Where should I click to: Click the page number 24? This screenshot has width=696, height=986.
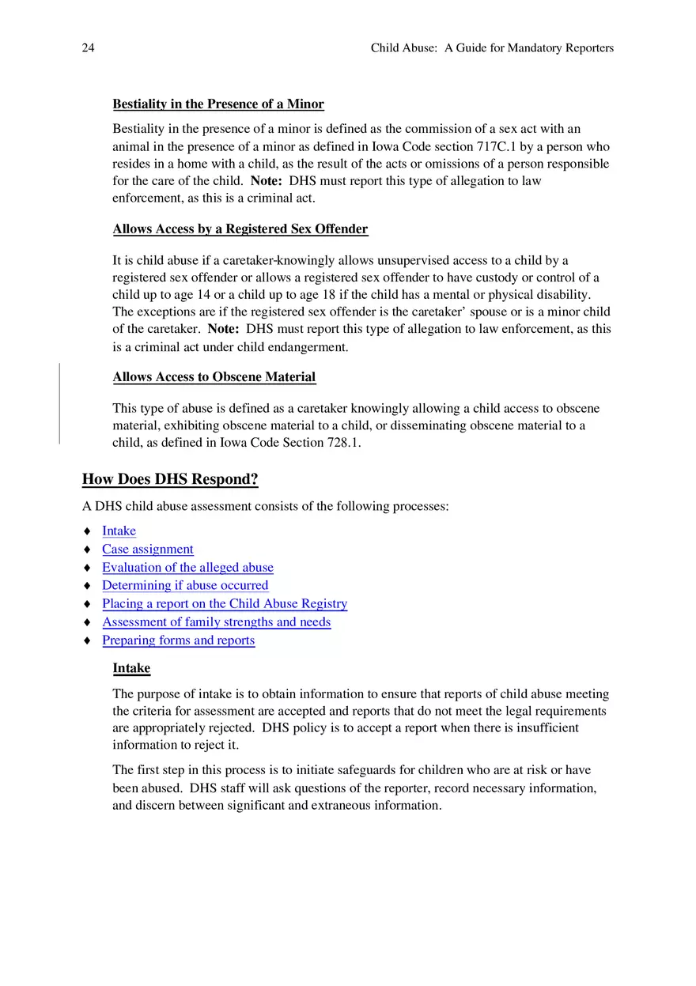click(88, 48)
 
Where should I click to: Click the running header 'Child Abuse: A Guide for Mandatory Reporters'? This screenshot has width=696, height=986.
click(492, 48)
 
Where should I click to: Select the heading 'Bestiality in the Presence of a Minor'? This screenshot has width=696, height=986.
click(218, 104)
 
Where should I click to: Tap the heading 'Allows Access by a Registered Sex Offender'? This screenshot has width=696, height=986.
click(240, 229)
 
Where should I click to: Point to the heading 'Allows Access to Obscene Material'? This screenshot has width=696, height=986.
click(214, 377)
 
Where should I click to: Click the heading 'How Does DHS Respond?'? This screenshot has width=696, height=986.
click(170, 479)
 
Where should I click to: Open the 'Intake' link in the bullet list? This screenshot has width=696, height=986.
click(119, 531)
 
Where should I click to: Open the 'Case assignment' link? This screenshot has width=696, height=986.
click(147, 550)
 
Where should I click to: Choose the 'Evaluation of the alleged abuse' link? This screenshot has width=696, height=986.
click(187, 568)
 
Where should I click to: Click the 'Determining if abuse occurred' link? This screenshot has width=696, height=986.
click(185, 586)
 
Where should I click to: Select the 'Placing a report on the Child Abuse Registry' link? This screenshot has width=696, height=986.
click(225, 604)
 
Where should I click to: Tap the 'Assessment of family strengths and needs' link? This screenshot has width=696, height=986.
click(216, 622)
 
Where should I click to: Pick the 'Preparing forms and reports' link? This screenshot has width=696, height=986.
click(178, 640)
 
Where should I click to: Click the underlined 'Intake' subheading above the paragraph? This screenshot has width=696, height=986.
click(131, 668)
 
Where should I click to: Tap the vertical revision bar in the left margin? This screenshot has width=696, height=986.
click(59, 403)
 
